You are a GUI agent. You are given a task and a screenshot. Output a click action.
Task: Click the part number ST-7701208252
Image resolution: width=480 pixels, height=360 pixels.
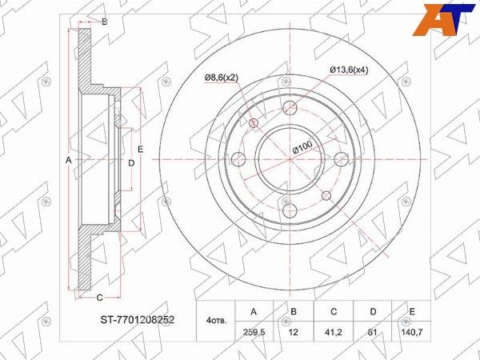[138, 320]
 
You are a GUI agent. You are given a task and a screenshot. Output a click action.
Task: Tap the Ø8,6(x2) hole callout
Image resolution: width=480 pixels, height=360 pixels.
[221, 78]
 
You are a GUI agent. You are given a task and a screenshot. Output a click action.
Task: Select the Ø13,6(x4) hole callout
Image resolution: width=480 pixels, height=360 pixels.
[349, 70]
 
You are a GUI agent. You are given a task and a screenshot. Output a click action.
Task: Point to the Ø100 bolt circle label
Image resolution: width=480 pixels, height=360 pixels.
[302, 147]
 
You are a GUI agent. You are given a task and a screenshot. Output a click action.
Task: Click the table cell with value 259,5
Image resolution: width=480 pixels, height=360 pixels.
[254, 332]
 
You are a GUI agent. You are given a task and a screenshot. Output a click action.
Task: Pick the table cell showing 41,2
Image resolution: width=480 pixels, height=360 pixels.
[334, 332]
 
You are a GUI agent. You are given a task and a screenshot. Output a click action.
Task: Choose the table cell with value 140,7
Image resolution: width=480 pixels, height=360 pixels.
[412, 332]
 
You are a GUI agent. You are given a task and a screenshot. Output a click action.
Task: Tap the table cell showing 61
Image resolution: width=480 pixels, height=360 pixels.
[373, 332]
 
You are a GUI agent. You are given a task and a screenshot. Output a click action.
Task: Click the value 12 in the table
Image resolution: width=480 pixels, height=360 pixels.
[294, 332]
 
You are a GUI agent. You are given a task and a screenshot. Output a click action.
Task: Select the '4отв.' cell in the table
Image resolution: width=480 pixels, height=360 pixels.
[217, 321]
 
